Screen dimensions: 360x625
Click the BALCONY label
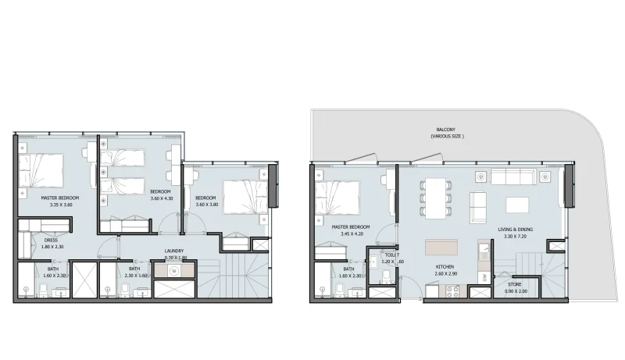click(x=447, y=130)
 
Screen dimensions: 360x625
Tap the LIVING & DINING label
click(x=517, y=229)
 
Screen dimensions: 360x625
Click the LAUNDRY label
click(x=174, y=251)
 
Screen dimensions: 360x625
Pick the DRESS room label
click(x=51, y=241)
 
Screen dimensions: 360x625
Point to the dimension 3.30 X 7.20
click(x=517, y=236)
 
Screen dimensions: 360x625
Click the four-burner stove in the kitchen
click(x=452, y=290)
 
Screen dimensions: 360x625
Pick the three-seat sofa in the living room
click(x=517, y=176)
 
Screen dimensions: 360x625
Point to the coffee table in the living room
click(x=518, y=205)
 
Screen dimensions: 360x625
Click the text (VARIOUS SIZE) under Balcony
click(x=447, y=137)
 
